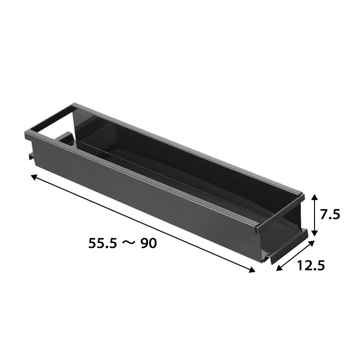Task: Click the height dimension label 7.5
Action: pos(330,215)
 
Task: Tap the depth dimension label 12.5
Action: pos(311,266)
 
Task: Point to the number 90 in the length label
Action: pos(149,243)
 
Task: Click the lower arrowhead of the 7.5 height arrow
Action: pos(315,233)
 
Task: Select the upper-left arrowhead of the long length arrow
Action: pos(34,177)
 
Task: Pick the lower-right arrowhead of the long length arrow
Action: pos(251,270)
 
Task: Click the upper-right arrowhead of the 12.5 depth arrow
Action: pos(311,243)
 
